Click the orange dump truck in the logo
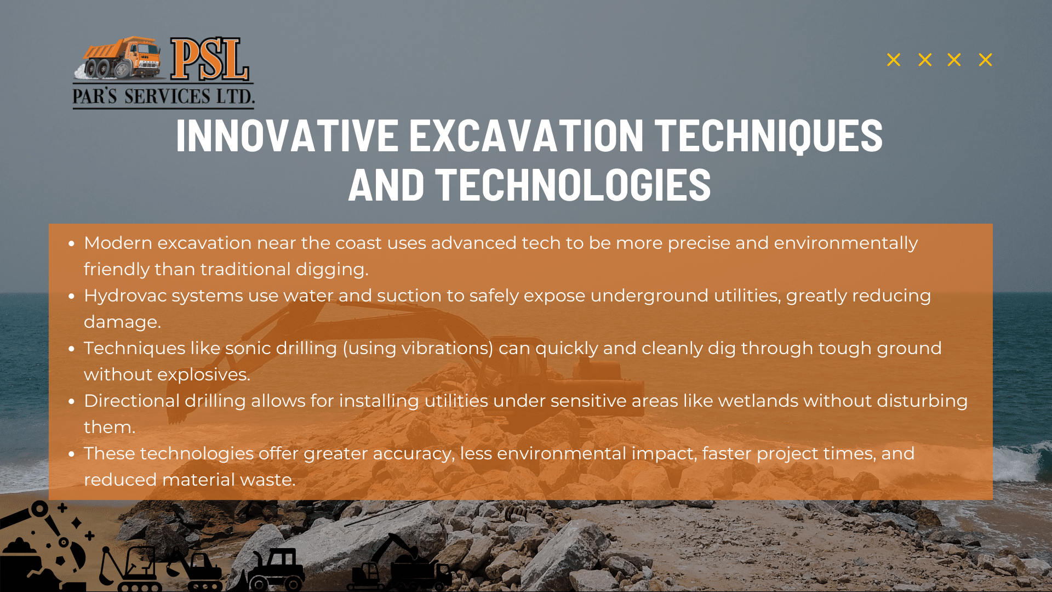[x=119, y=58]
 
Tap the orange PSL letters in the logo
[x=210, y=59]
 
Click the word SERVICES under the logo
[x=167, y=96]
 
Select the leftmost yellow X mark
[x=894, y=60]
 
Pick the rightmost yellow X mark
[x=985, y=60]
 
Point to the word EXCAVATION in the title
[x=527, y=135]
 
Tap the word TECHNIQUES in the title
[x=769, y=135]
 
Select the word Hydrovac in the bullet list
[x=125, y=296]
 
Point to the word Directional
[x=131, y=401]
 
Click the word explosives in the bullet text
[x=203, y=375]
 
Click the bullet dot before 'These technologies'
[x=71, y=454]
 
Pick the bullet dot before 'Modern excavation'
[x=71, y=243]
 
